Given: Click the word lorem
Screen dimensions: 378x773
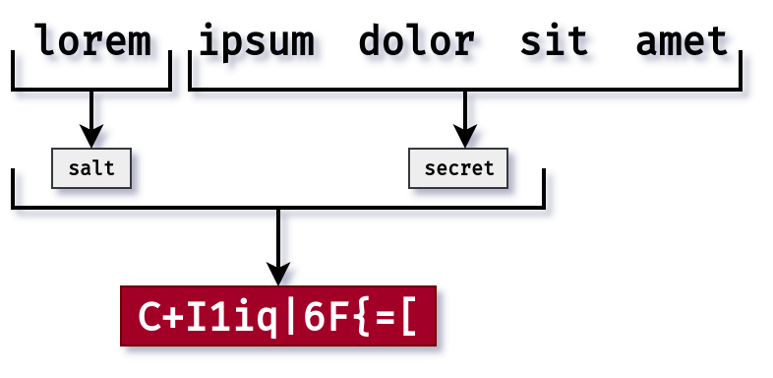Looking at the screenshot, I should point(93,41).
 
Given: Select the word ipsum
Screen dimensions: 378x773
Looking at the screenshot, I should point(257,41).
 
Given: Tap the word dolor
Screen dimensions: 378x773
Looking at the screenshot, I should point(417,41).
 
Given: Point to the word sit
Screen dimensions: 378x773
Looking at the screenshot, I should point(554,41).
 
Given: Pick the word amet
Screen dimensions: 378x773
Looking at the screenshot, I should point(682,41).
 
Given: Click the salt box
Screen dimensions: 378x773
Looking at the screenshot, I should point(91,168).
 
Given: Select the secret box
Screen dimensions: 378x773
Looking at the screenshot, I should point(458,168).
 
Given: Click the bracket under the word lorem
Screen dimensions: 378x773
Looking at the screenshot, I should point(91,89).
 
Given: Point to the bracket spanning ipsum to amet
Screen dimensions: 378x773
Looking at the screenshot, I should point(464,89).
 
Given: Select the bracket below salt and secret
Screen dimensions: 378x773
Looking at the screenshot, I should point(278,207).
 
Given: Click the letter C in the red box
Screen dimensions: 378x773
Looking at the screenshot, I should point(149,317).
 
